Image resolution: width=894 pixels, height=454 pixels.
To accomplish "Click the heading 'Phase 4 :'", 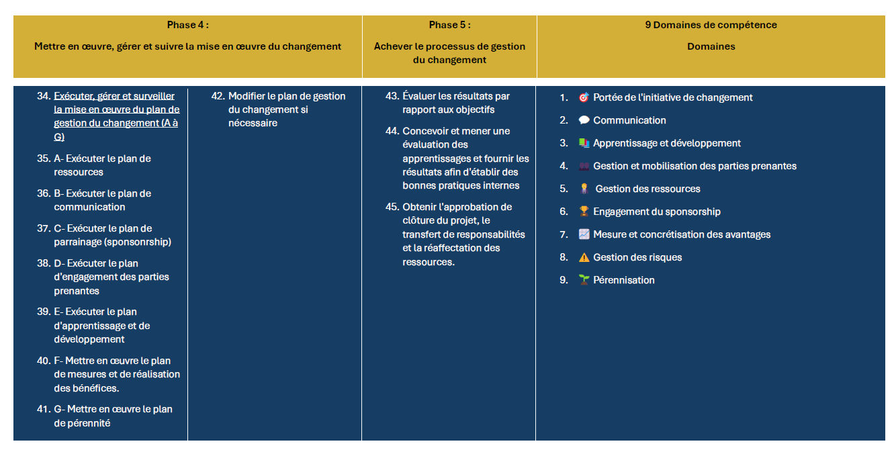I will pos(187,26).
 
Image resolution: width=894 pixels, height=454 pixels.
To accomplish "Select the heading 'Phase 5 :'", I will pos(449,26).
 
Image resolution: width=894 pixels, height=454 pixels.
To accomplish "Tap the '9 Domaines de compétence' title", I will pos(711,26).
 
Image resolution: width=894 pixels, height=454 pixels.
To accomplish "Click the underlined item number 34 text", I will pos(116,116).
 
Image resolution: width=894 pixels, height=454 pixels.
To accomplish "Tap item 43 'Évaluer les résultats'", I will pos(456,103).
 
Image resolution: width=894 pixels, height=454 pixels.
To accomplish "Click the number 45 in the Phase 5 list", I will pos(392,207).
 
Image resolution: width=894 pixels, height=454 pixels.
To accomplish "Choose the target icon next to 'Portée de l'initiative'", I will pos(584,97).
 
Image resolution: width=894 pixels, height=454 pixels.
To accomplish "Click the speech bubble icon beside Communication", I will pos(584,120).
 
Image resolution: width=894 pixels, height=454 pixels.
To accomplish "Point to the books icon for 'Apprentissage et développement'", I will pos(584,143).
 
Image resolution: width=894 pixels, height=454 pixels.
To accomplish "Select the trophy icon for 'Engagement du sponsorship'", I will pos(584,212).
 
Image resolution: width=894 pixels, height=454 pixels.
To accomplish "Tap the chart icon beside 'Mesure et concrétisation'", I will pos(584,234).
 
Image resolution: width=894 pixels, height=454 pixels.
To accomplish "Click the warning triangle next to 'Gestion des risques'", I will pos(584,257).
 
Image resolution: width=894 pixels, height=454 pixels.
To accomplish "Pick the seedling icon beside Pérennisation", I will pos(584,280).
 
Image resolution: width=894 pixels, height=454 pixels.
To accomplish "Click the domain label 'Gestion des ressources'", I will pos(647,189).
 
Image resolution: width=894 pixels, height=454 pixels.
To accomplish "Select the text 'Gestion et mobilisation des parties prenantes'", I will pos(695,166).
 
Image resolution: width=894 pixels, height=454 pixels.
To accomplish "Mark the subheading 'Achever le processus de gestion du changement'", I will pos(449,53).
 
